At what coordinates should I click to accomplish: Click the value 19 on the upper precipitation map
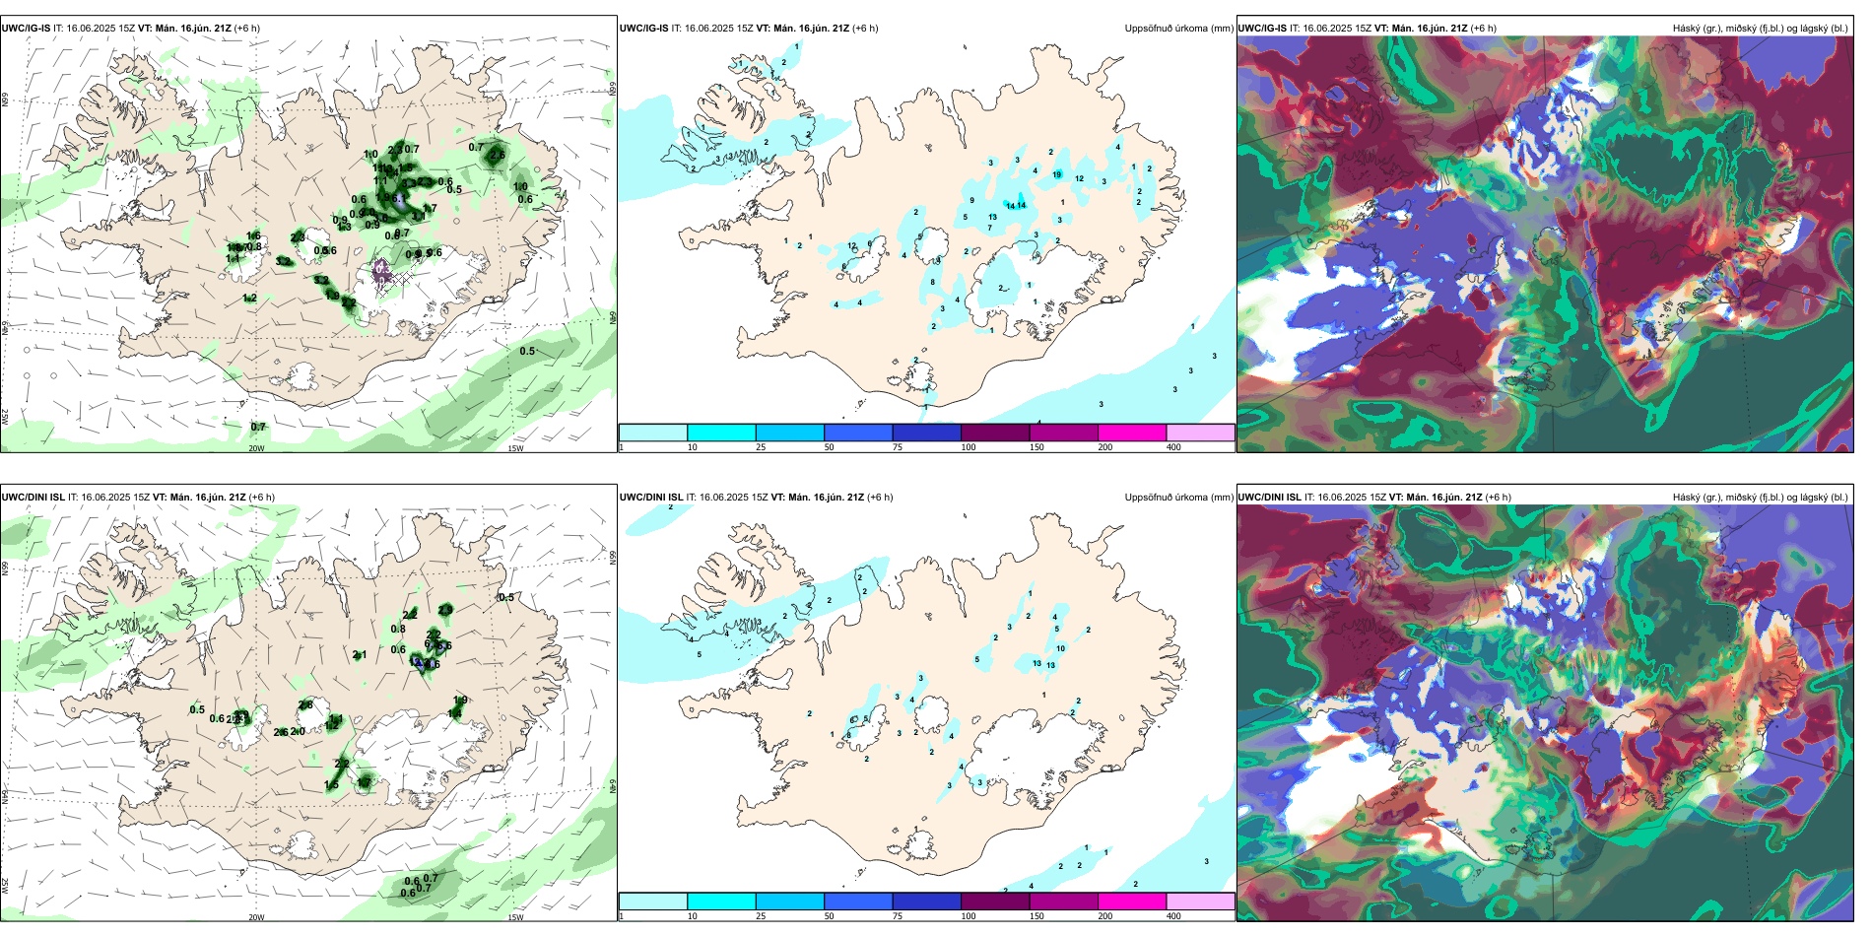pyautogui.click(x=1057, y=174)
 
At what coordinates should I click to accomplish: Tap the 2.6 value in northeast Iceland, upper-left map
pyautogui.click(x=498, y=155)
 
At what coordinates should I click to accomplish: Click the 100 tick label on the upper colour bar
pyautogui.click(x=969, y=447)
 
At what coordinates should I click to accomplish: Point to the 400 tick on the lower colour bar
pyautogui.click(x=1173, y=916)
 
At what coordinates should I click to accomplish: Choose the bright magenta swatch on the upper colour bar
pyautogui.click(x=1131, y=433)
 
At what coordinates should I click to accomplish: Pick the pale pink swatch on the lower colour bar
pyautogui.click(x=1200, y=902)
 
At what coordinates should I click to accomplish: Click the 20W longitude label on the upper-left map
pyautogui.click(x=256, y=448)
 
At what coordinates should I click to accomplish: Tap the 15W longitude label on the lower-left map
pyautogui.click(x=514, y=917)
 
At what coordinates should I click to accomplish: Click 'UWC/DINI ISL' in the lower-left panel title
pyautogui.click(x=33, y=498)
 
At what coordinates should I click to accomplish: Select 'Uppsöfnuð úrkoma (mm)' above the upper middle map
pyautogui.click(x=1178, y=29)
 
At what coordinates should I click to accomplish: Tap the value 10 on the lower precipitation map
pyautogui.click(x=1060, y=648)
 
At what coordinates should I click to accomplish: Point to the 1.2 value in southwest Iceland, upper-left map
pyautogui.click(x=249, y=298)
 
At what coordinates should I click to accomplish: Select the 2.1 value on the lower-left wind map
pyautogui.click(x=360, y=654)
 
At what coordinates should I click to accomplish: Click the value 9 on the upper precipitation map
pyautogui.click(x=971, y=200)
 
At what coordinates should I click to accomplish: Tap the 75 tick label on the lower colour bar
pyautogui.click(x=899, y=916)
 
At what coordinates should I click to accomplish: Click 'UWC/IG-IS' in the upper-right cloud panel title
pyautogui.click(x=1262, y=29)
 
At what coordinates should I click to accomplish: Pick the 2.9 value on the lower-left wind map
pyautogui.click(x=445, y=610)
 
